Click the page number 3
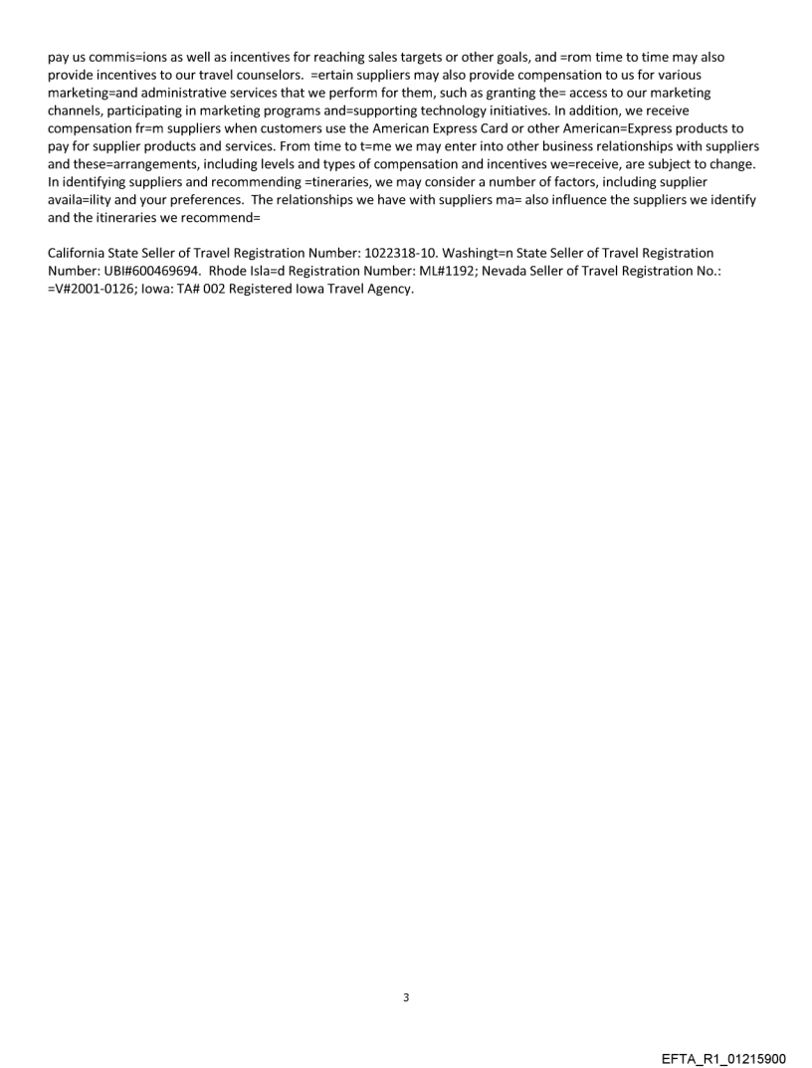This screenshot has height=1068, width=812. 406,997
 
